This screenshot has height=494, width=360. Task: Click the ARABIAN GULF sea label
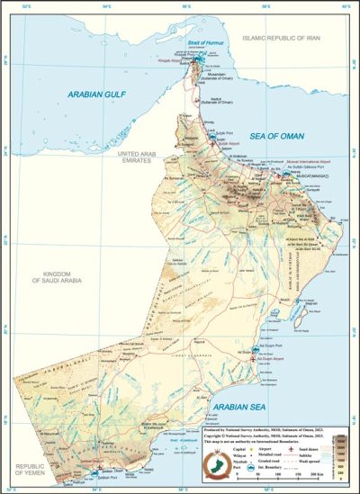(96, 91)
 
